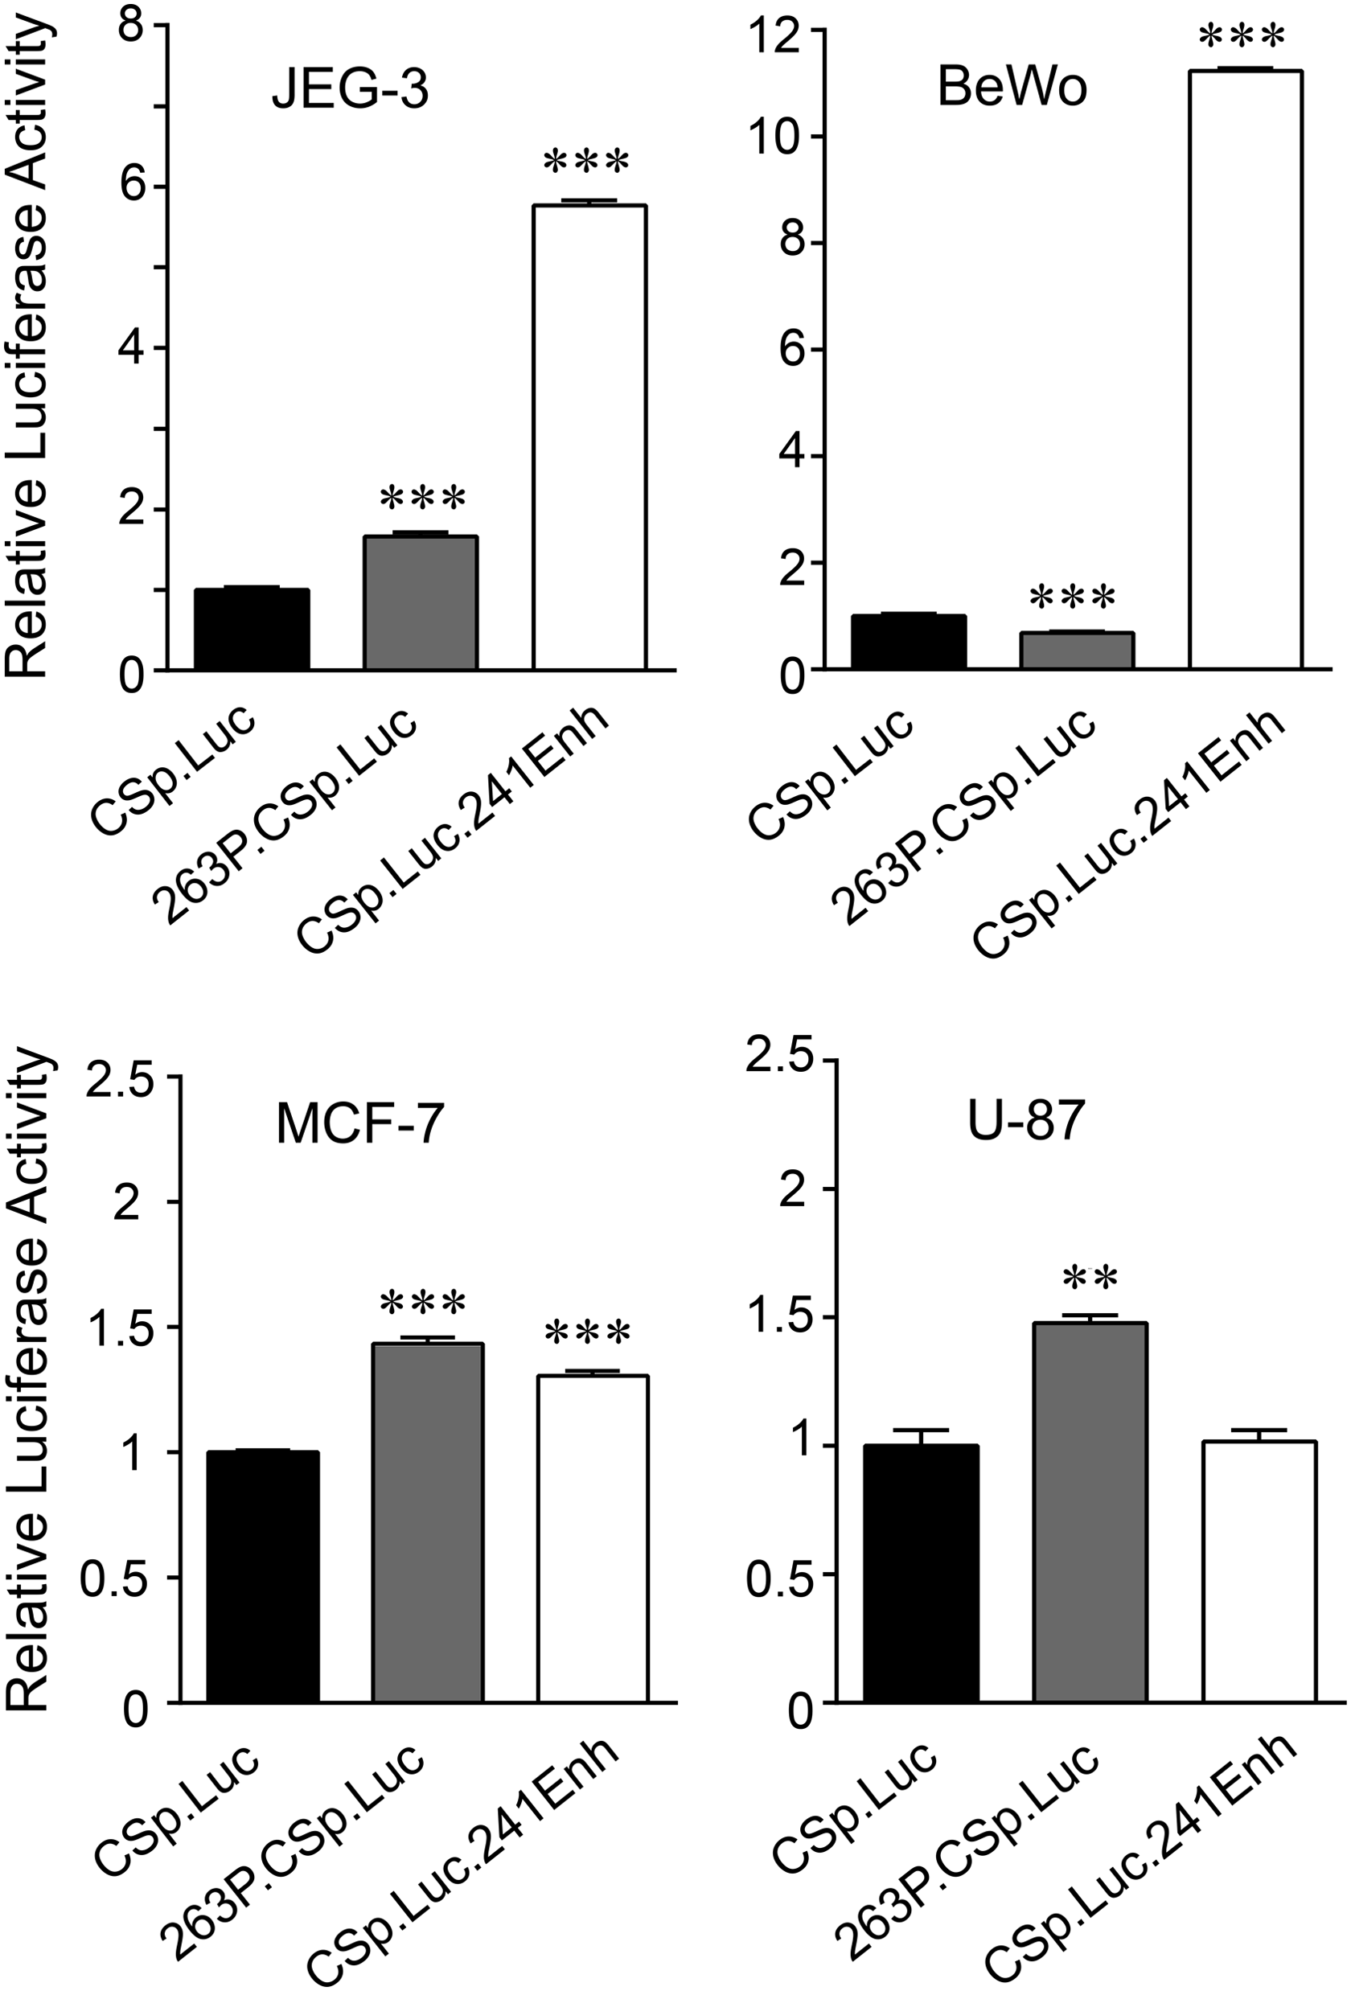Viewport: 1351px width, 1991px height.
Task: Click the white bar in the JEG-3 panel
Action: pos(589,437)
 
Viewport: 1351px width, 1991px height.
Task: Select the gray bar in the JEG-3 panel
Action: pos(421,602)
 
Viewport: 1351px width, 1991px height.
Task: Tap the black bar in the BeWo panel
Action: pos(908,642)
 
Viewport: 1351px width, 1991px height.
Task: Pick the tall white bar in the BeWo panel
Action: pos(1246,369)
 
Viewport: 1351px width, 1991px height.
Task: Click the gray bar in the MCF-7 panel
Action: pos(428,1521)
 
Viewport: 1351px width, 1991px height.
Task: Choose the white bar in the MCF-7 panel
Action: pos(593,1537)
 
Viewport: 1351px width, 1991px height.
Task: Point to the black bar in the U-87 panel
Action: pos(921,1572)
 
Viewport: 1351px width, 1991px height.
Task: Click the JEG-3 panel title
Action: pos(350,92)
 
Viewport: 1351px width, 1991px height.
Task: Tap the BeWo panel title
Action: pos(1012,88)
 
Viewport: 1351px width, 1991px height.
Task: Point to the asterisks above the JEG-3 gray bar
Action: pos(423,499)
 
